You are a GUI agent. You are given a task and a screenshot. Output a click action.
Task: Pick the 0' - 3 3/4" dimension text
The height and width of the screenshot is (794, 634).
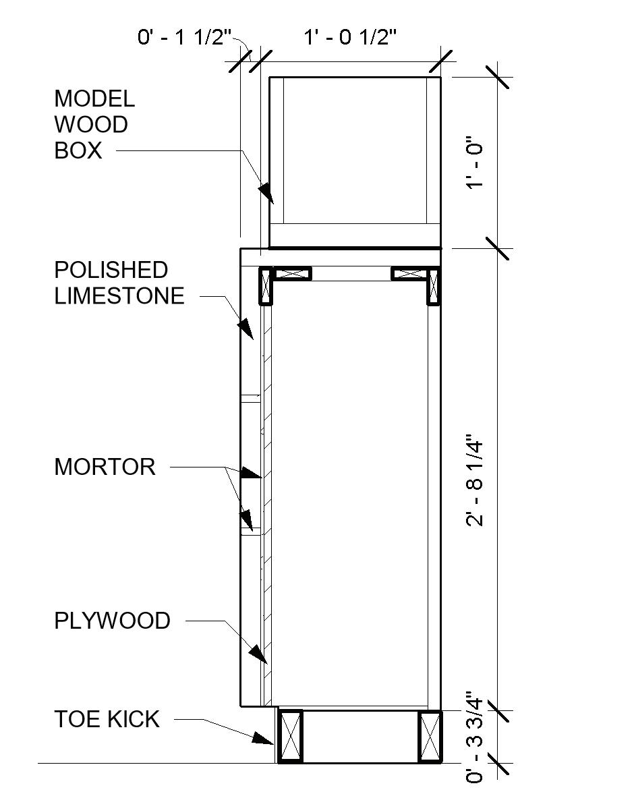coord(475,738)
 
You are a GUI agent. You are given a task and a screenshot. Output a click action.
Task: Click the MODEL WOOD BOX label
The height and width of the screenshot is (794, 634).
coord(94,125)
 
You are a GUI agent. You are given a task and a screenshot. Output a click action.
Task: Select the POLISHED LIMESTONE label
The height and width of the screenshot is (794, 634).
coord(119,283)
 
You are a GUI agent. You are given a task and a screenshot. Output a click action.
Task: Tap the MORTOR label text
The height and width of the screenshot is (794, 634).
coord(105,467)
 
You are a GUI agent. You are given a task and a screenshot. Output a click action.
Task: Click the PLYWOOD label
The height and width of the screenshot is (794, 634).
coord(112,621)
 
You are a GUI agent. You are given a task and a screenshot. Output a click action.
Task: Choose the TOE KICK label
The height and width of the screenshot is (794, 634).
coord(107,719)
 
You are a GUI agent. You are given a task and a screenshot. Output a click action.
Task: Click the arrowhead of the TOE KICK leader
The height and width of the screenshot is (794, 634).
coord(264,738)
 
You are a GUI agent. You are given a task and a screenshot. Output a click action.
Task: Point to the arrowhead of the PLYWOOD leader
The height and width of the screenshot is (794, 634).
coord(258,653)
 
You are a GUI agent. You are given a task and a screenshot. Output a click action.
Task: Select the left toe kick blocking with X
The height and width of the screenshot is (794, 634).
coord(291,736)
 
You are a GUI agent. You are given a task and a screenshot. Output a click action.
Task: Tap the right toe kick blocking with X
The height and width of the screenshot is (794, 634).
coord(430,736)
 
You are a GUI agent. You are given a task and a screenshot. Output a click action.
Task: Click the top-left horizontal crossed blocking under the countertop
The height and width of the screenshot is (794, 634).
coord(292,274)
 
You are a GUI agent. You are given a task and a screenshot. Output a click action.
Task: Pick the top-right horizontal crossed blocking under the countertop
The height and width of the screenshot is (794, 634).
coord(409,274)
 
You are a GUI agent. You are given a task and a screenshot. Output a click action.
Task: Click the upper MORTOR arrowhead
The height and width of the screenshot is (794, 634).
coord(252,473)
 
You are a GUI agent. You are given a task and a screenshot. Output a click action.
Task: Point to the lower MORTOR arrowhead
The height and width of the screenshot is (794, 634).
coord(248,519)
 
